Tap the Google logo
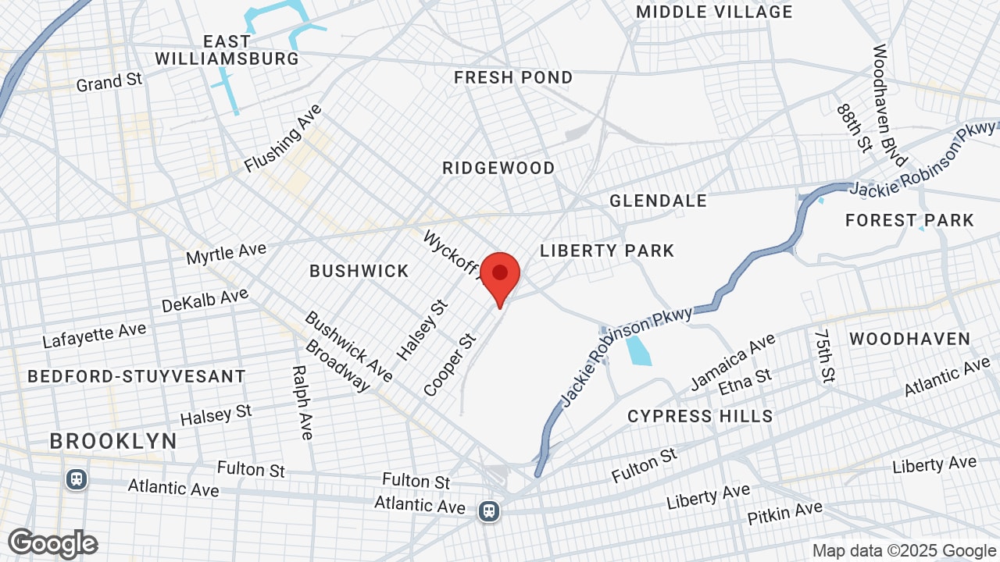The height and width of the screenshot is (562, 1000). (x=53, y=543)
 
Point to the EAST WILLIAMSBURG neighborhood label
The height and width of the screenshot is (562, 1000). (x=227, y=50)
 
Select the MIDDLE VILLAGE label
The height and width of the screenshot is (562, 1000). (x=714, y=12)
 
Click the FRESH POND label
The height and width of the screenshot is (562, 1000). (x=513, y=77)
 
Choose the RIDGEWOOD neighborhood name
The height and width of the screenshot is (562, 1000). (x=498, y=168)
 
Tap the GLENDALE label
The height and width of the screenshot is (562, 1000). (x=658, y=201)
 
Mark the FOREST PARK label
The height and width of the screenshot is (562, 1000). (x=909, y=220)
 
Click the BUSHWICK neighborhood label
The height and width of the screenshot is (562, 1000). (x=359, y=271)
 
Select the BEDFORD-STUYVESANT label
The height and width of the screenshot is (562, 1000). (x=137, y=376)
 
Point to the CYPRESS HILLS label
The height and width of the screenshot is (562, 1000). (x=700, y=416)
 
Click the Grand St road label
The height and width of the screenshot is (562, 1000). (x=109, y=81)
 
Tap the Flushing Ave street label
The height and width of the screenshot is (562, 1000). (x=283, y=138)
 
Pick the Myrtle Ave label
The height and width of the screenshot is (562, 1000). (x=226, y=254)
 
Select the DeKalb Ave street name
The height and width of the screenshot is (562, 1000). (x=205, y=300)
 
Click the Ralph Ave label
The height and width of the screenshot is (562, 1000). (x=302, y=402)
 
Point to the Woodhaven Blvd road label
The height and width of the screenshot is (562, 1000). (x=889, y=105)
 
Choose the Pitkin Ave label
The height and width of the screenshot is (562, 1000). (x=784, y=513)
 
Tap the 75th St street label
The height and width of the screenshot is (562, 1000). (x=824, y=356)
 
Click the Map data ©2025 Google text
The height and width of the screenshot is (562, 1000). (x=903, y=550)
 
